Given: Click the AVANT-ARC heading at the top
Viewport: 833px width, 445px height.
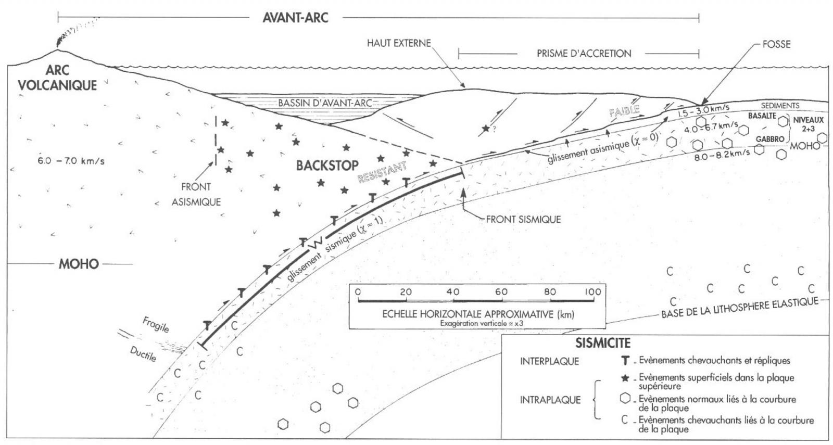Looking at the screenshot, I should pyautogui.click(x=295, y=18).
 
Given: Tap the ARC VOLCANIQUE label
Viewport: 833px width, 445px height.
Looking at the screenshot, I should pyautogui.click(x=57, y=78).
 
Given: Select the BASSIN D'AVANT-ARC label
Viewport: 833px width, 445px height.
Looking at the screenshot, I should pyautogui.click(x=325, y=103).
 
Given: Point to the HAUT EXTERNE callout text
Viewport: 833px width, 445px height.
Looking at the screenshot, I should pyautogui.click(x=399, y=43).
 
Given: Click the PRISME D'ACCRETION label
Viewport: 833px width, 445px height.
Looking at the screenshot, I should pyautogui.click(x=584, y=53).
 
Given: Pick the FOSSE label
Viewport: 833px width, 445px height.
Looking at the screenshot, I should pyautogui.click(x=776, y=44).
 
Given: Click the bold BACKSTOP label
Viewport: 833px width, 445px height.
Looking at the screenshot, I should pyautogui.click(x=327, y=166).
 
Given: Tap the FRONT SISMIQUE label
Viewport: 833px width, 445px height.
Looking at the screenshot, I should pyautogui.click(x=523, y=219).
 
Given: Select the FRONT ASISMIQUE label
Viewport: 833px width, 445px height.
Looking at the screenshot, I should pyautogui.click(x=196, y=194).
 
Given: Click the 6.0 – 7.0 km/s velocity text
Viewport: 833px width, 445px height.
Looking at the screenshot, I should pyautogui.click(x=71, y=161).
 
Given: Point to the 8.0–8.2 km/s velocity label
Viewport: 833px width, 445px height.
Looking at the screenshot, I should pyautogui.click(x=722, y=155).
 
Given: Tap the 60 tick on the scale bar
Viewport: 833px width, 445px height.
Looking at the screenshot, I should pyautogui.click(x=501, y=292).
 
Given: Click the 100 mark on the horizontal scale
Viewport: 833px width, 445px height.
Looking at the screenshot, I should pyautogui.click(x=592, y=292).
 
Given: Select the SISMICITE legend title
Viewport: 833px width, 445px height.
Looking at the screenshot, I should pyautogui.click(x=603, y=344).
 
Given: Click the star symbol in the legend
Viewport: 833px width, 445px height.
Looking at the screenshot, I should pyautogui.click(x=625, y=378).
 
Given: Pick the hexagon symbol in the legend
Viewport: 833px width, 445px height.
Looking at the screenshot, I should pyautogui.click(x=625, y=399).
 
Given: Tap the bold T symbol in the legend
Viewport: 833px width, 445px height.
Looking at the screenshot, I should pyautogui.click(x=625, y=360).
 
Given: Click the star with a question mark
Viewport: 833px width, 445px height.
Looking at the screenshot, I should pyautogui.click(x=486, y=129).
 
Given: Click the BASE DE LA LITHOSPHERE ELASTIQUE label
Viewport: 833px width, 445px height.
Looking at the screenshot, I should pyautogui.click(x=739, y=308).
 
